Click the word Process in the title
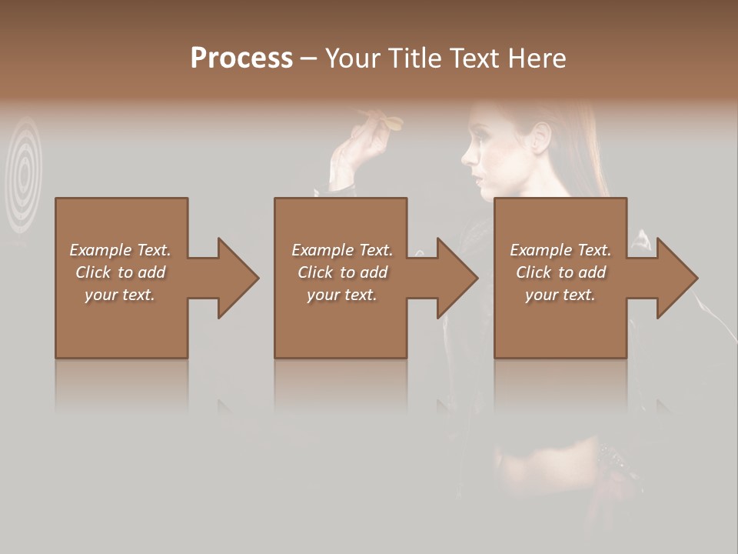pyautogui.click(x=241, y=58)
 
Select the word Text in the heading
pyautogui.click(x=471, y=58)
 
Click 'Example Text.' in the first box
pyautogui.click(x=120, y=250)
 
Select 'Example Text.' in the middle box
pyautogui.click(x=341, y=250)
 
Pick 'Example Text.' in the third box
pyautogui.click(x=560, y=250)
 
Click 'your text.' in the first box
pyautogui.click(x=120, y=295)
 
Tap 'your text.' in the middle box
pyautogui.click(x=341, y=295)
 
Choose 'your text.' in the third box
pyautogui.click(x=560, y=295)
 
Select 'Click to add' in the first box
pyautogui.click(x=120, y=272)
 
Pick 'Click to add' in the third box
pyautogui.click(x=560, y=272)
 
